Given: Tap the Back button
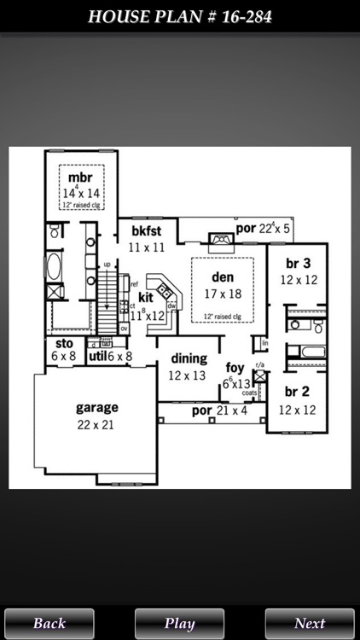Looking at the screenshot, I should (49, 623).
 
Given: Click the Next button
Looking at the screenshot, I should (310, 623).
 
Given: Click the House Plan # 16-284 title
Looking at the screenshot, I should (180, 16).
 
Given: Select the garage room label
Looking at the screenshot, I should (96, 407).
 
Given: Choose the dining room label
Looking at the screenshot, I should (189, 358).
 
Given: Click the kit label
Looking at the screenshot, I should (146, 298).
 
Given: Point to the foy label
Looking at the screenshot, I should (235, 368).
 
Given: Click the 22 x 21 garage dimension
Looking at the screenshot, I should (96, 423).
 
